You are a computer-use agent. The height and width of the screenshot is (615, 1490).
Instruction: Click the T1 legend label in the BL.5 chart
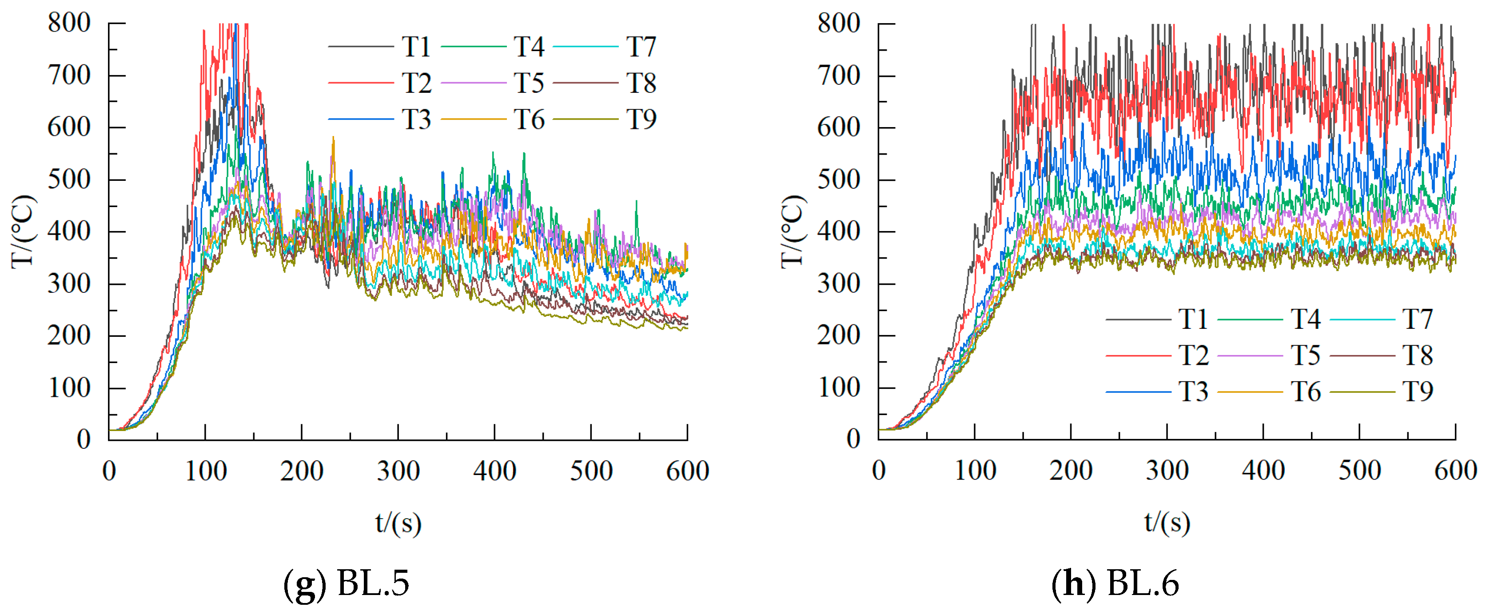[x=416, y=47]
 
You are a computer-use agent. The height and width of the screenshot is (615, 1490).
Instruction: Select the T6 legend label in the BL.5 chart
[x=529, y=120]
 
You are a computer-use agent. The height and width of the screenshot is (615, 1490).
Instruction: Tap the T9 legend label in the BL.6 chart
[x=1417, y=391]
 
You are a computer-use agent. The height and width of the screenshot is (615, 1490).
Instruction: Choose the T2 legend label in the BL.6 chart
[x=1193, y=355]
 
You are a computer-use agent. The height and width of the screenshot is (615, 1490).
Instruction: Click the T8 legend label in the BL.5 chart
[x=641, y=83]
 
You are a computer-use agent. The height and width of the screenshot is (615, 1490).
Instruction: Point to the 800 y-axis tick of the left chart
[x=69, y=24]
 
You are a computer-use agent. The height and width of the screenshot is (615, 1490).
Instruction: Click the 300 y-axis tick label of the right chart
[x=838, y=284]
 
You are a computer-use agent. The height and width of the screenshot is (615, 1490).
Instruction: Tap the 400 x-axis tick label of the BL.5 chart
[x=494, y=471]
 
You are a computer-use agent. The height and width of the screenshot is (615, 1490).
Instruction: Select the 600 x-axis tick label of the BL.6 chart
[x=1455, y=471]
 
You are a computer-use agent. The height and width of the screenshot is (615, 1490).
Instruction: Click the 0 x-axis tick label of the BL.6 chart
[x=879, y=471]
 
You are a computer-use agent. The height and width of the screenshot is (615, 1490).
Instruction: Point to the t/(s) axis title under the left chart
[x=398, y=523]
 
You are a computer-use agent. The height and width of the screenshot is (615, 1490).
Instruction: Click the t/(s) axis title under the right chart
[x=1167, y=523]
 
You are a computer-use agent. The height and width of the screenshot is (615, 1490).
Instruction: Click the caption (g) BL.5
[x=346, y=583]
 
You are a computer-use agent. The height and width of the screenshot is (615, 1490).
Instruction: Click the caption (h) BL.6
[x=1115, y=583]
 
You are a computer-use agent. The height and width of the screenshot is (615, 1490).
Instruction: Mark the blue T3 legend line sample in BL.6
[x=1138, y=391]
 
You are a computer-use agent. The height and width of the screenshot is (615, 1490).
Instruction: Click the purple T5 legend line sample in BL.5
[x=473, y=83]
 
